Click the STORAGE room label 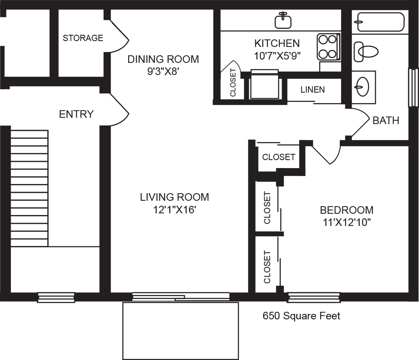click(83, 38)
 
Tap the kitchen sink click(283, 20)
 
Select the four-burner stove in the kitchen click(328, 47)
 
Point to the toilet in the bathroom click(366, 52)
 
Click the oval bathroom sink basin click(362, 87)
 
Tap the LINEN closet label click(313, 90)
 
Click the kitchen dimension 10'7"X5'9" click(277, 56)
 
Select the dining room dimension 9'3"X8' click(163, 71)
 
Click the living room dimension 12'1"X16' click(174, 210)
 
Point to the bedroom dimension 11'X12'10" click(347, 222)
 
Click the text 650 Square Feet click(301, 316)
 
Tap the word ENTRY click(76, 114)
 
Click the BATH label click(386, 121)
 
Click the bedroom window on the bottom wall click(314, 298)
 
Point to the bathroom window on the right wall click(414, 88)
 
